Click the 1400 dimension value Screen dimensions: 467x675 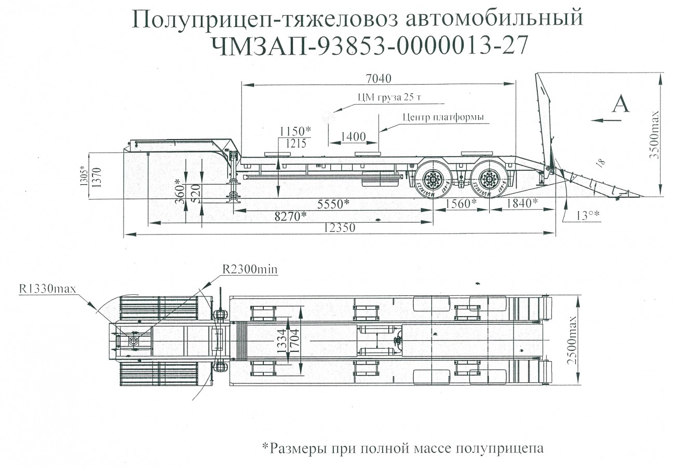tap(353, 137)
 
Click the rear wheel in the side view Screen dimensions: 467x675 tap(489, 181)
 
